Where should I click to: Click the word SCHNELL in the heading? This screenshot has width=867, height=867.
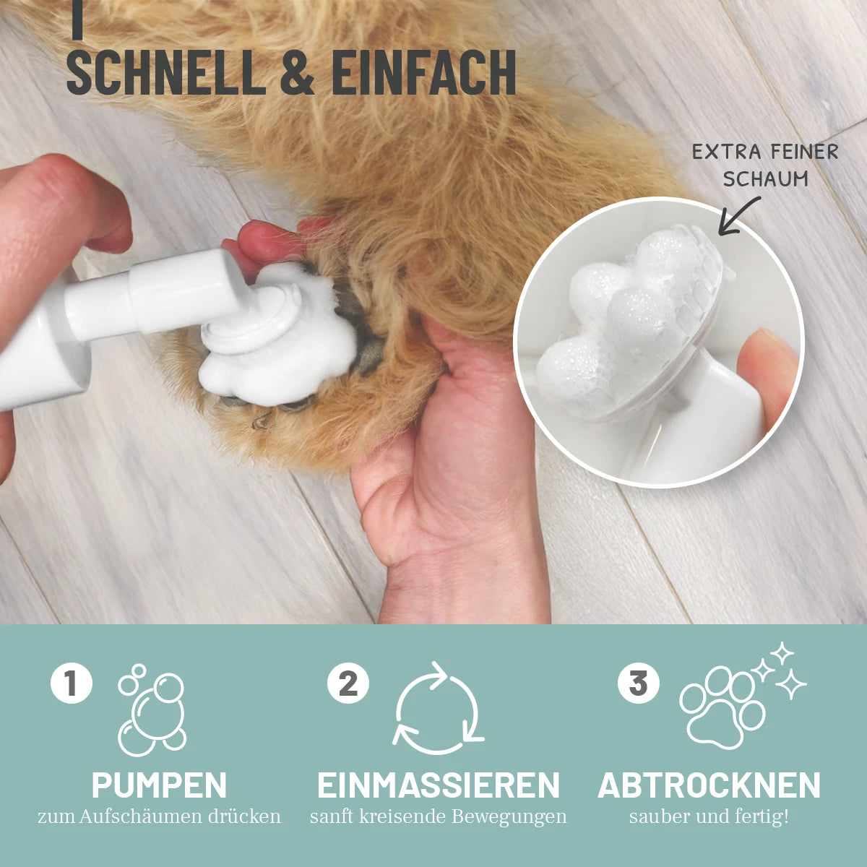tap(166, 72)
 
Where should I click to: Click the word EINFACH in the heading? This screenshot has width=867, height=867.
tap(423, 72)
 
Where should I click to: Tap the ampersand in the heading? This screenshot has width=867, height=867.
tap(297, 72)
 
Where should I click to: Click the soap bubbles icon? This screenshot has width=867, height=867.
tap(152, 710)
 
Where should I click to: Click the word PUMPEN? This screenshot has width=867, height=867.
tap(159, 785)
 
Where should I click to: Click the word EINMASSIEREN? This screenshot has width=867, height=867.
tap(439, 785)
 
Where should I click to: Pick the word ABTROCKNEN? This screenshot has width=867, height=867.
tap(709, 785)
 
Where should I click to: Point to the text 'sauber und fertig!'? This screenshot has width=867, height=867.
tap(709, 816)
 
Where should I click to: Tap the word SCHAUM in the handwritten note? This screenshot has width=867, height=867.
tap(765, 179)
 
